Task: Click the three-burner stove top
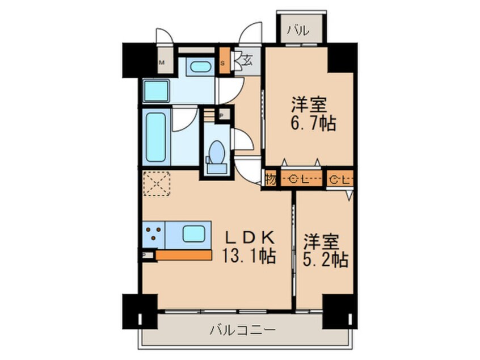[153, 233]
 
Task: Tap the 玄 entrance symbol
[249, 58]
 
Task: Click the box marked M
[162, 62]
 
